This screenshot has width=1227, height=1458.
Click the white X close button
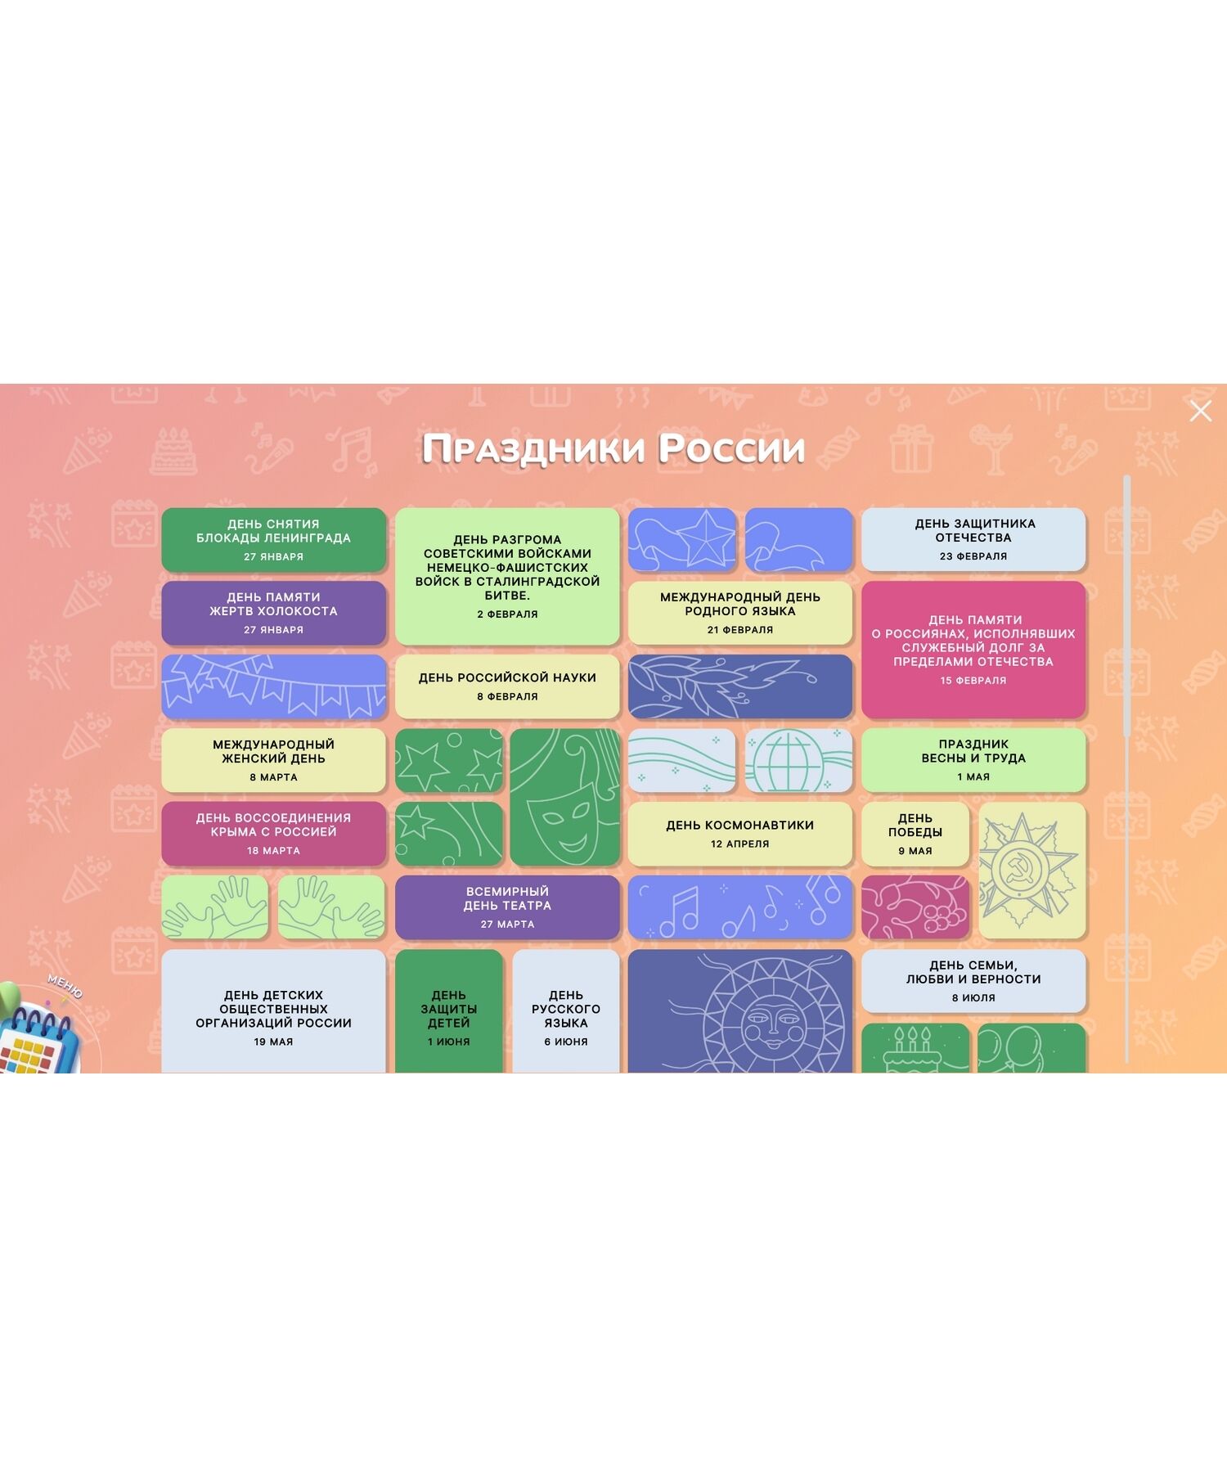coord(1200,412)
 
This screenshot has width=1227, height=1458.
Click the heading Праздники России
coord(613,448)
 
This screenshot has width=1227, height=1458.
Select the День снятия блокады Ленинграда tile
coord(273,539)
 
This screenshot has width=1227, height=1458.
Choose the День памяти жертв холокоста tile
coord(273,613)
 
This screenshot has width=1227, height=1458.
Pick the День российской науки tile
coord(507,686)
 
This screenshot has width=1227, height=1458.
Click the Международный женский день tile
coord(273,760)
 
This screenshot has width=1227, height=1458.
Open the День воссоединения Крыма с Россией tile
coord(273,834)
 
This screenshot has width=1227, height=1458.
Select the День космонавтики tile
coord(739,834)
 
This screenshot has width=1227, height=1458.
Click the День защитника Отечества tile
coord(973,539)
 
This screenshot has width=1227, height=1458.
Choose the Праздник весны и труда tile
coord(973,760)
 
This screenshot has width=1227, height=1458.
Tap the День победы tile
coord(915,834)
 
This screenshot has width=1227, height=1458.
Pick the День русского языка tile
coord(566,1015)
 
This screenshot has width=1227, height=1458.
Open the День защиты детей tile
coord(448,1015)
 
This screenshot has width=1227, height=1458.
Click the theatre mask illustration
coord(564,798)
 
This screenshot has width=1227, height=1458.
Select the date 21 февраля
coord(739,630)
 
